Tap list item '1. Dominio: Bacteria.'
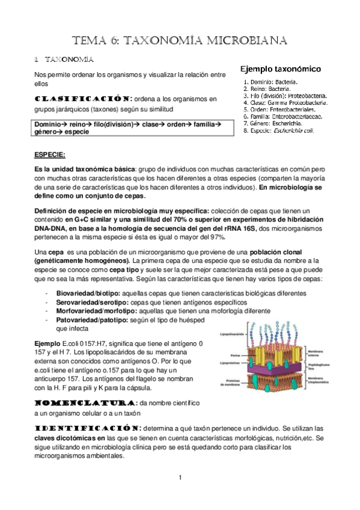[x=271, y=81]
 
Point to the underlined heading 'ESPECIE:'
[x=50, y=154]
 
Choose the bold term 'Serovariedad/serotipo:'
[x=91, y=303]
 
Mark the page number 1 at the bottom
[x=180, y=478]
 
